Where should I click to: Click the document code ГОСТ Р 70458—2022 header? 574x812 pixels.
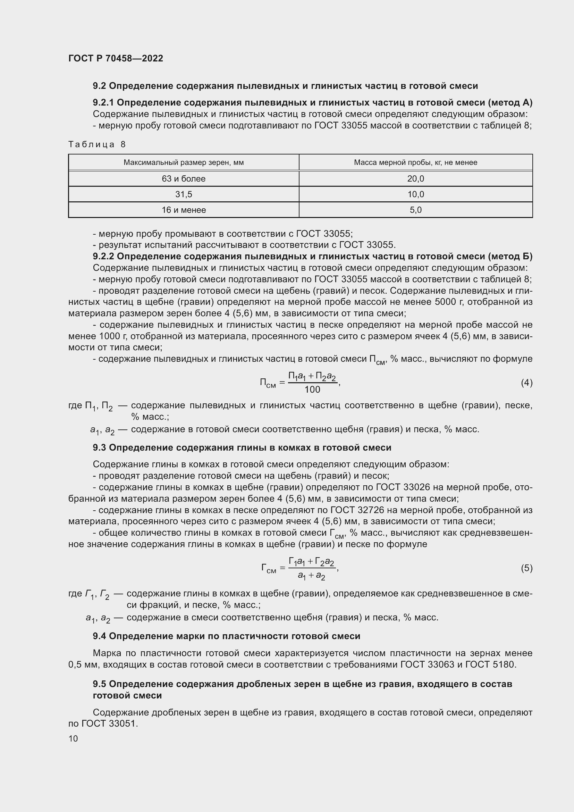116,59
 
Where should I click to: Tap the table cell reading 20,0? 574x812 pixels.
415,179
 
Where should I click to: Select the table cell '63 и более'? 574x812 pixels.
184,179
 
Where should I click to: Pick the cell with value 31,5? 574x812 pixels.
184,194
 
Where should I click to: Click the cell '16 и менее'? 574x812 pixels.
184,210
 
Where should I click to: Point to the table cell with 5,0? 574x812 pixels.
415,210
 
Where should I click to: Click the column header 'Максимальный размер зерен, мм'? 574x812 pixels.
184,163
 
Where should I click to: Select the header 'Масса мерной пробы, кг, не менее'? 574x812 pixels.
415,163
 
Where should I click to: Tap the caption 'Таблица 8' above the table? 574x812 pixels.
97,144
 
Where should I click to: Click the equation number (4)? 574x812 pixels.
526,383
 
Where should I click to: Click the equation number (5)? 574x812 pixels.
526,568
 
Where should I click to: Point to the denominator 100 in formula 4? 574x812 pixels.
312,390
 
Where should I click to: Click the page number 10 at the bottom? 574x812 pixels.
73,738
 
